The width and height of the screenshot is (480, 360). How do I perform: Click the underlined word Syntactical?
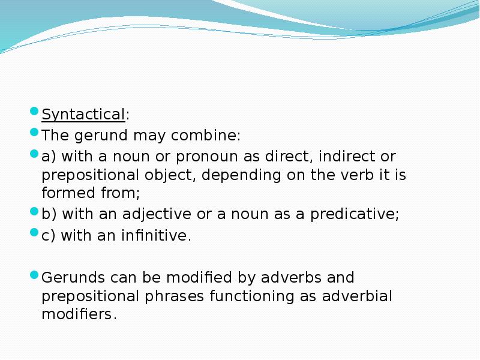[83, 114]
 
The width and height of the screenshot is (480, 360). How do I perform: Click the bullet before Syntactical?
[35, 112]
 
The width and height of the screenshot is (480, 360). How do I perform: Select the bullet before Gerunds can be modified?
[35, 275]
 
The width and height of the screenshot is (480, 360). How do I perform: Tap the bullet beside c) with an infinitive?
[35, 233]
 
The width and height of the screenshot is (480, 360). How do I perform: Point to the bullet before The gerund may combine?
[35, 133]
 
